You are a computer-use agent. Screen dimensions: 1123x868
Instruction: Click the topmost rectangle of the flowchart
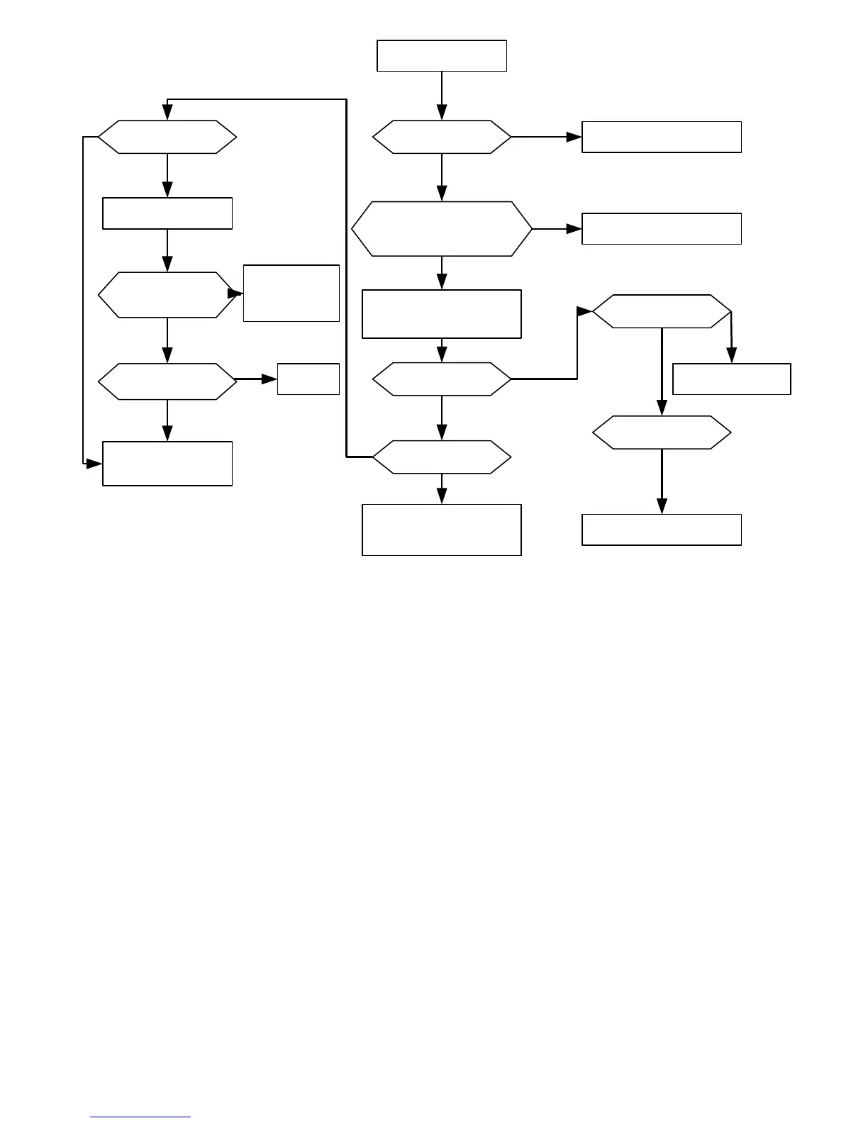(x=441, y=56)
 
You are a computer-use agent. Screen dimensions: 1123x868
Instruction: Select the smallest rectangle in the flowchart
(x=308, y=379)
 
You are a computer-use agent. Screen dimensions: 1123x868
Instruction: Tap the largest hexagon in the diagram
(x=441, y=229)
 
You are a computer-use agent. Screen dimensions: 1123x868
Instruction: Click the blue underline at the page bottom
(x=140, y=1117)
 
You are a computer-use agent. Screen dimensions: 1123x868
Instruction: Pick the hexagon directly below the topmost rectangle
(x=441, y=137)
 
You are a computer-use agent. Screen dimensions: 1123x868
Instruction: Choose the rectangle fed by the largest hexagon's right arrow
(x=661, y=229)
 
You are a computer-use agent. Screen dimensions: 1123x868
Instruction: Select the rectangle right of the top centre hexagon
(x=661, y=137)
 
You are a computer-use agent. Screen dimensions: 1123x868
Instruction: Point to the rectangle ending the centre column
(x=441, y=530)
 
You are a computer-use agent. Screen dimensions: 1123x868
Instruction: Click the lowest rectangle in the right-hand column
(x=661, y=530)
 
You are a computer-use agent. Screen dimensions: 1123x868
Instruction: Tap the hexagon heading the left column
(x=167, y=137)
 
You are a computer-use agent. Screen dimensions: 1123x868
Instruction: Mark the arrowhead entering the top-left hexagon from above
(x=167, y=113)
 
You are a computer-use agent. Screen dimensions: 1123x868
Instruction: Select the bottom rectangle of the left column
(x=167, y=464)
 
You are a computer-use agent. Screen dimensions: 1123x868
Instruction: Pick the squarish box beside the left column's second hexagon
(x=291, y=294)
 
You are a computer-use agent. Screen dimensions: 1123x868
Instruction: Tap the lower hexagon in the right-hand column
(x=661, y=432)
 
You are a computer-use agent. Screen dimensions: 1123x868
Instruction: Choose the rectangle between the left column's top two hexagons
(x=167, y=213)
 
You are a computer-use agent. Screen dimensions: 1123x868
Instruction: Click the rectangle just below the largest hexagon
(x=441, y=314)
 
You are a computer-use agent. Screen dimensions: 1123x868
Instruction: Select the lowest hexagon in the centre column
(x=441, y=457)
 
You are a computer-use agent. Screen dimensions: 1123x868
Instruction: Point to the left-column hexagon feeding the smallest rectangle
(x=167, y=381)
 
